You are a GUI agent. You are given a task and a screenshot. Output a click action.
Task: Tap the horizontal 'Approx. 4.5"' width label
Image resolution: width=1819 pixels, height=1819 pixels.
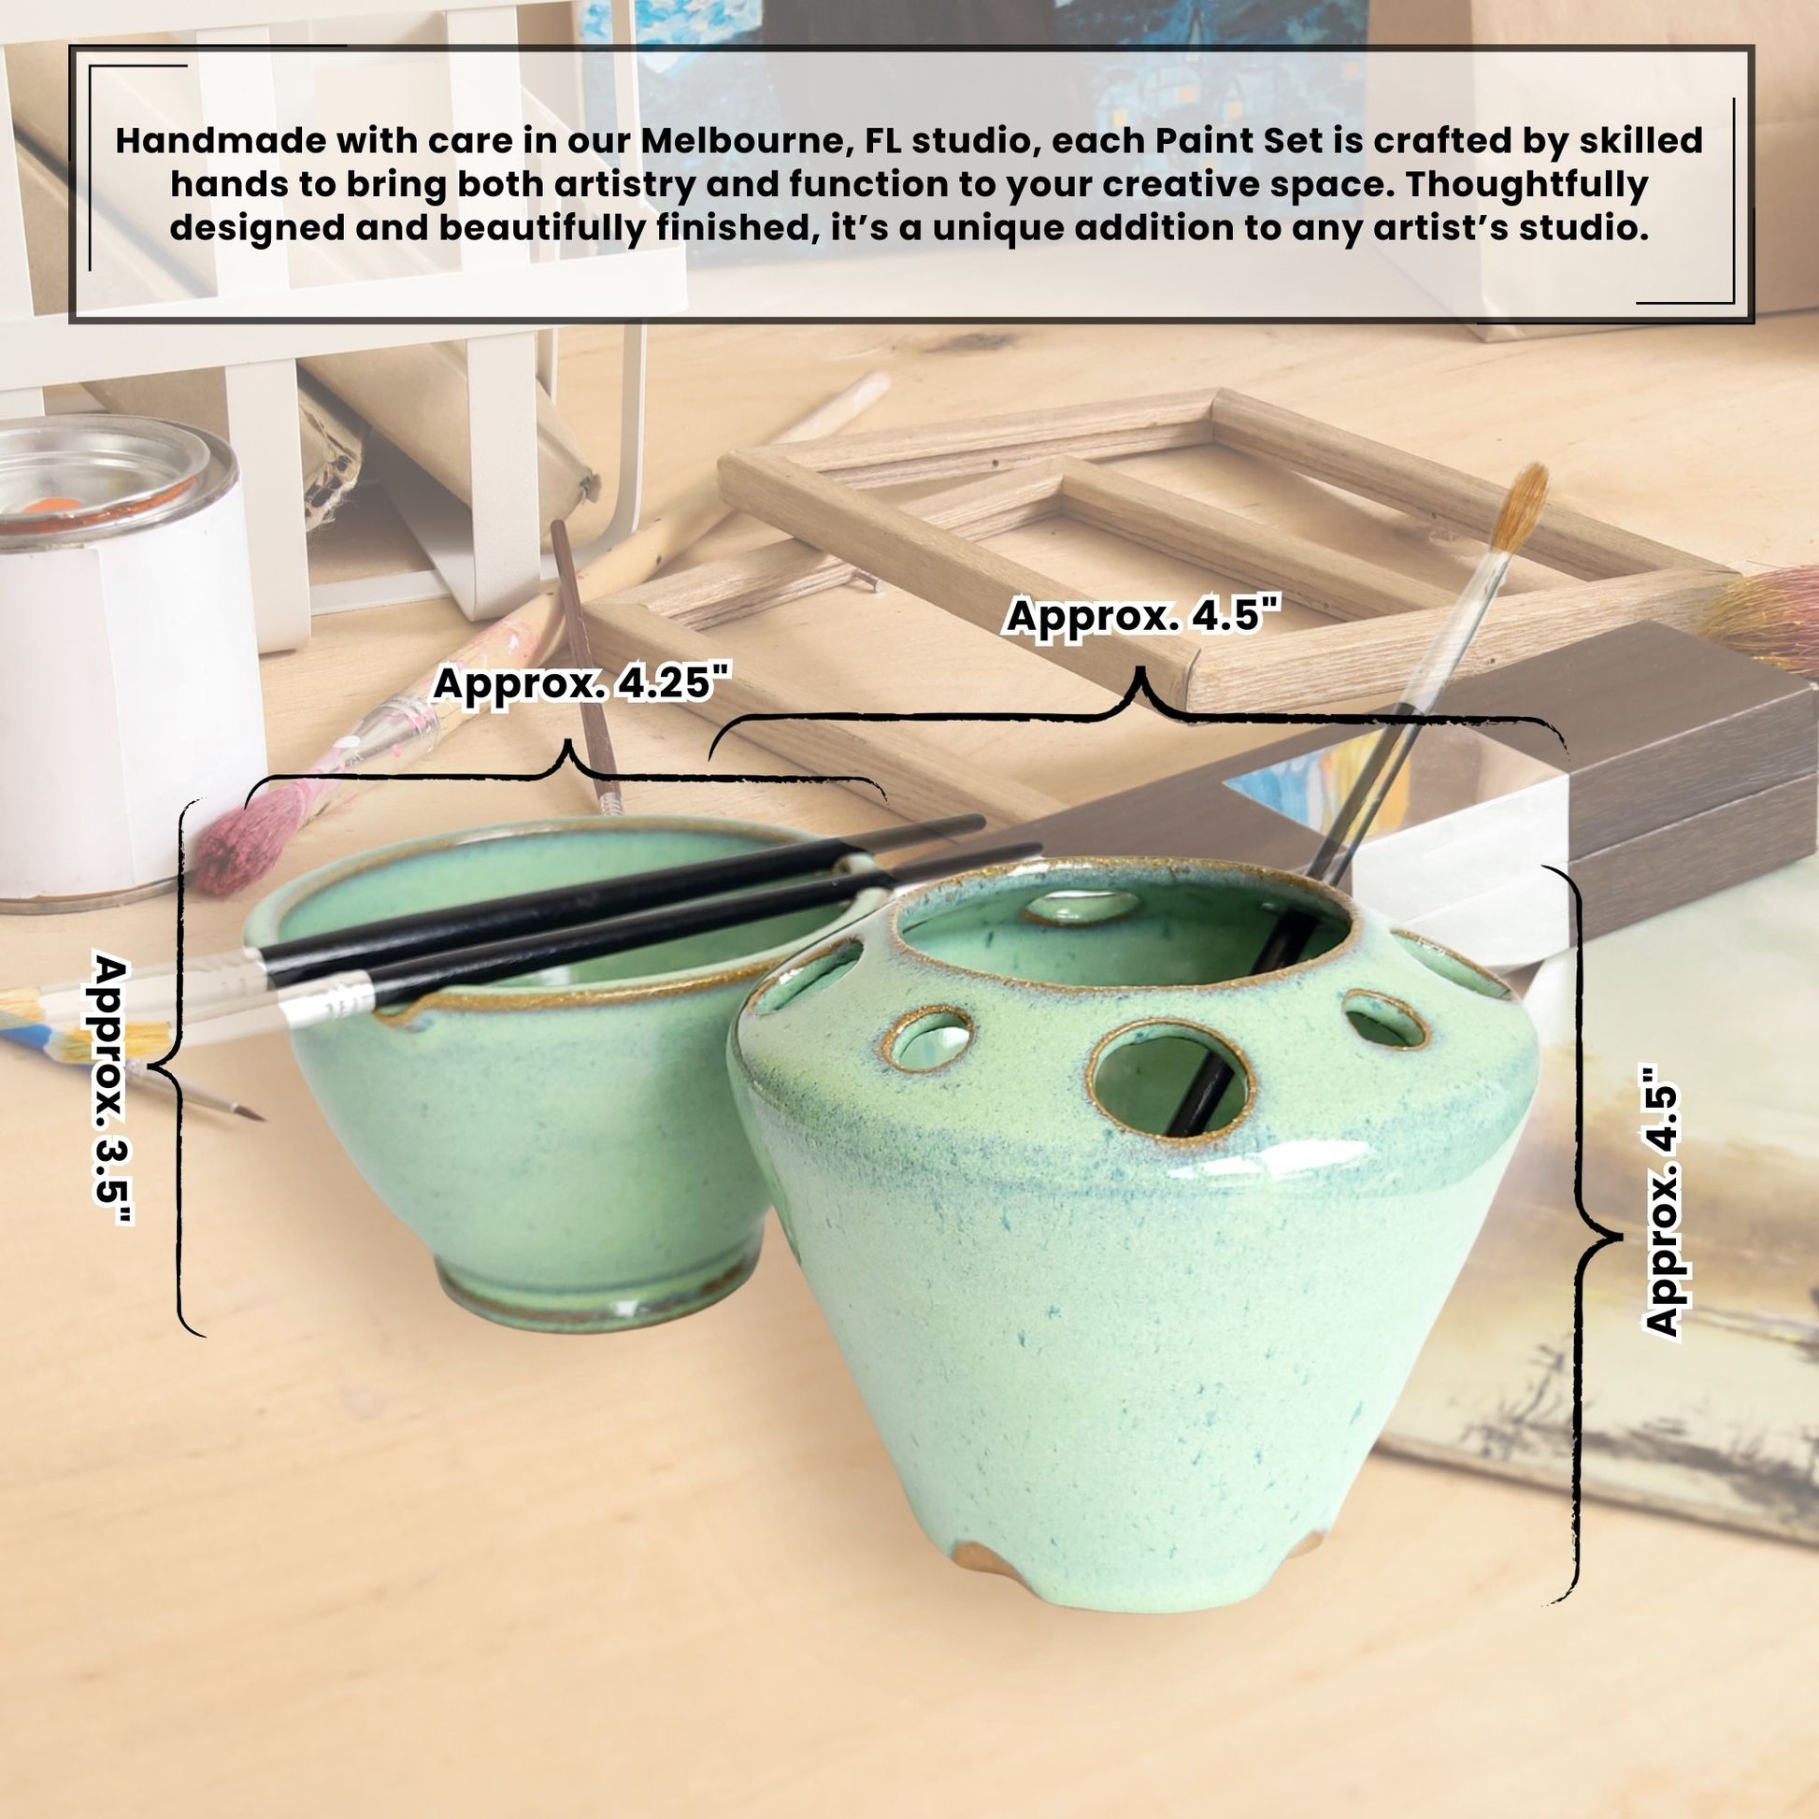[x=1143, y=617]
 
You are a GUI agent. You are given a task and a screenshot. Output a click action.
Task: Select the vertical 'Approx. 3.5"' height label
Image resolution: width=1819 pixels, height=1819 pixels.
[x=112, y=1089]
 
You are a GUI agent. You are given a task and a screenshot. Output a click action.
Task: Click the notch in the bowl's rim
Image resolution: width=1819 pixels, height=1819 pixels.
[x=400, y=1015]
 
